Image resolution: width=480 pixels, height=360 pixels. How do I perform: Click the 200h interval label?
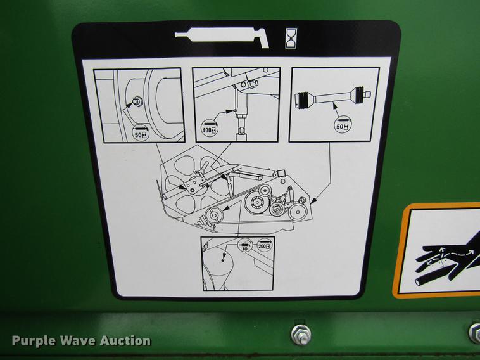point(265,244)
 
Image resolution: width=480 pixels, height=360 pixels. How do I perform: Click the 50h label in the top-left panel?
point(140,134)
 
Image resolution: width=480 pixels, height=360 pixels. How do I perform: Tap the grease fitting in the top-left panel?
point(136,100)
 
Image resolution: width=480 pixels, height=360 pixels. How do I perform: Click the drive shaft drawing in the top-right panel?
point(332,98)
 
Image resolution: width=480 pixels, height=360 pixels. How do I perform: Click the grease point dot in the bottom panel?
point(224,257)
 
